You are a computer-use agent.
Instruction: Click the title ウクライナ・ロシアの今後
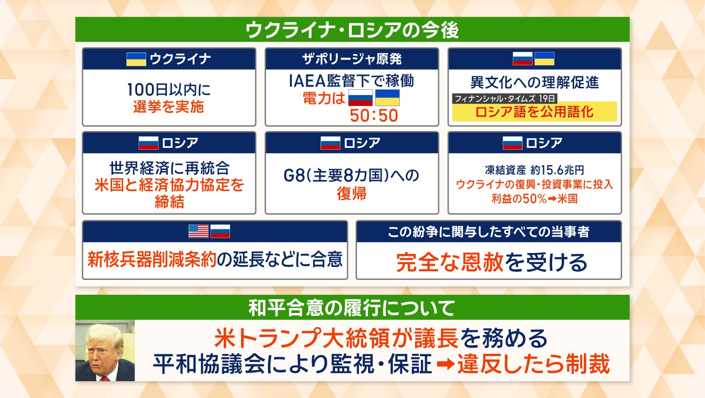pos(352,30)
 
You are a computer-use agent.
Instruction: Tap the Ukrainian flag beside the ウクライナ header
pos(136,59)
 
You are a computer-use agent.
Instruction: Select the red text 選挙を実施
pos(169,107)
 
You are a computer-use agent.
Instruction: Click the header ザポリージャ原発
pos(352,59)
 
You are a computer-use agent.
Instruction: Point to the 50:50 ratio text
pos(374,116)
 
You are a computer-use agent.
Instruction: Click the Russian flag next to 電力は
pos(360,98)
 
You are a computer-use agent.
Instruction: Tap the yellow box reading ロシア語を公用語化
pos(534,112)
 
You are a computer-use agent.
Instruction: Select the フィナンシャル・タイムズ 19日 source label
pos(505,98)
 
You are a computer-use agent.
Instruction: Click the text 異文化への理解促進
pos(534,83)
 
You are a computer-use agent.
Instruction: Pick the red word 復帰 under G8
pos(351,193)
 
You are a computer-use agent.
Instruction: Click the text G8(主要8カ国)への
pos(351,176)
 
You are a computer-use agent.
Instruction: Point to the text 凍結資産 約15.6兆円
pos(534,170)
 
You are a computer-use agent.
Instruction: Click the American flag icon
pos(198,231)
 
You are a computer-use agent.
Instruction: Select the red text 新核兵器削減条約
pos(152,260)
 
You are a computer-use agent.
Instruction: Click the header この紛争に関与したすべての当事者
pos(488,232)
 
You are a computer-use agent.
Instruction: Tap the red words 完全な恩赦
pos(450,263)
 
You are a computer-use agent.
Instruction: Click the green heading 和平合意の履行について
pos(352,308)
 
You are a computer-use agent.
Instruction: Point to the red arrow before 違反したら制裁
pos(446,364)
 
